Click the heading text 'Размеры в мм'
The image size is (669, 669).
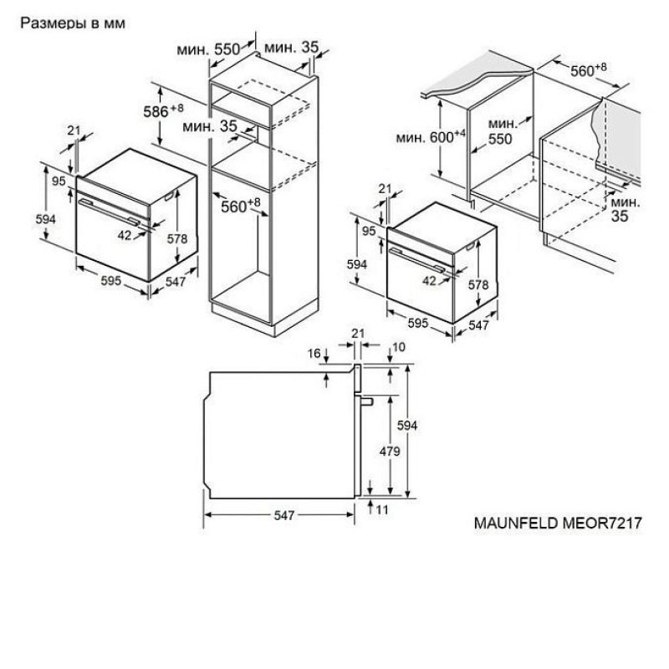click(73, 23)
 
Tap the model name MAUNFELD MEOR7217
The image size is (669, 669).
click(558, 523)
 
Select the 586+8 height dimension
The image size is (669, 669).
click(163, 111)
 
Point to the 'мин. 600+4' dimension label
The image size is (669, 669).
click(431, 137)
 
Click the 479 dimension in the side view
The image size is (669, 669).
click(390, 451)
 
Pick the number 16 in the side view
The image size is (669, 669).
click(314, 353)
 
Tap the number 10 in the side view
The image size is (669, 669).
click(399, 347)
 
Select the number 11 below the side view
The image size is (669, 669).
click(382, 509)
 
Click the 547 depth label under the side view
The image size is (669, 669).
click(284, 515)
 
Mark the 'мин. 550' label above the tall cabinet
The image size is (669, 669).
click(208, 49)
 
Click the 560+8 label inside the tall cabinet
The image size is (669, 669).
click(241, 206)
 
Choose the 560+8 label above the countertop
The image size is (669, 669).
click(589, 70)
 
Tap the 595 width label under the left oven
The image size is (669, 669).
click(111, 280)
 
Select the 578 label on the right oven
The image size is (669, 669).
click(477, 284)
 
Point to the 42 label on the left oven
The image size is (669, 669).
click(124, 235)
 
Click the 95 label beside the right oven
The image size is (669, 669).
click(369, 231)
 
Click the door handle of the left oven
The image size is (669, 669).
click(109, 212)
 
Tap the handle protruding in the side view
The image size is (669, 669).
click(366, 401)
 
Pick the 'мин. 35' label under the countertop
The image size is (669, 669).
click(625, 209)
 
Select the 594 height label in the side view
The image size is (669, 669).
click(407, 426)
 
